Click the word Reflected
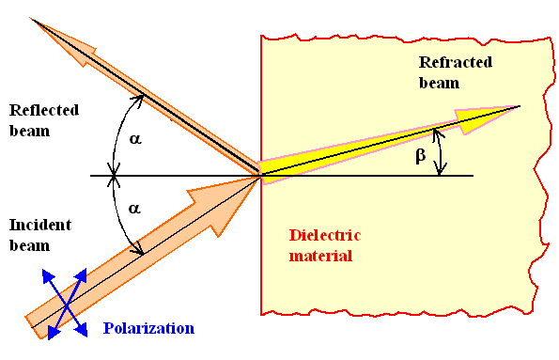[x=44, y=110]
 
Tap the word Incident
[x=40, y=225]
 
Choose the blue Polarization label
[x=148, y=328]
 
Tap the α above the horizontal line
[x=135, y=138]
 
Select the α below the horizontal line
[x=135, y=211]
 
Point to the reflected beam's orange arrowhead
[x=47, y=31]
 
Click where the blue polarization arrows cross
[x=66, y=302]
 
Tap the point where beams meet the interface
[x=261, y=176]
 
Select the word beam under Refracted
[x=440, y=83]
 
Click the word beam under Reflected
[x=27, y=131]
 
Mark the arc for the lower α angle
[x=120, y=218]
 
